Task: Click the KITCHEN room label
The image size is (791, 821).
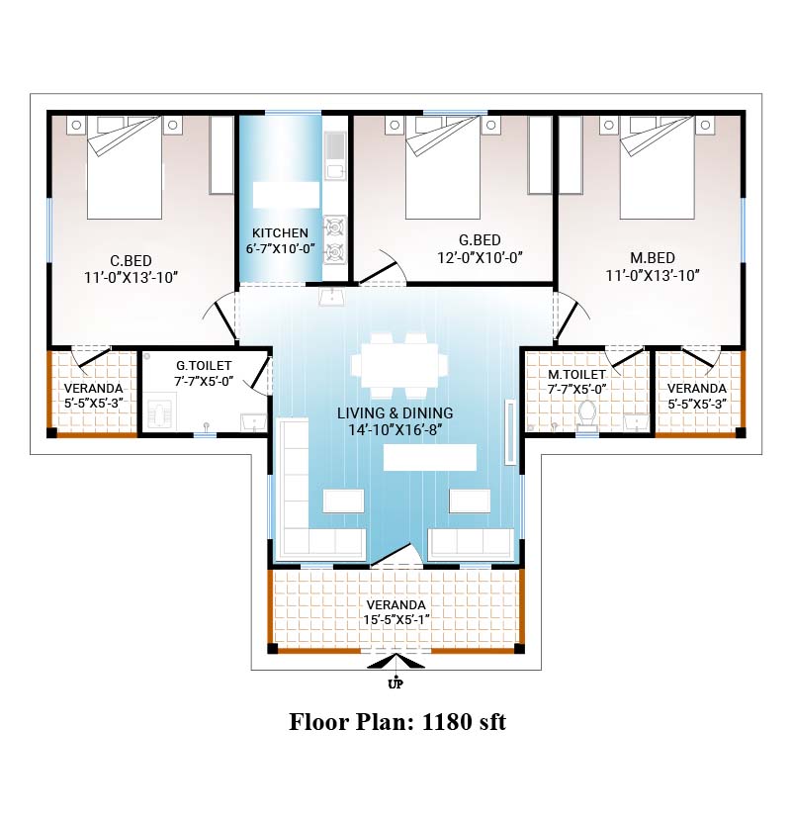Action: pyautogui.click(x=280, y=233)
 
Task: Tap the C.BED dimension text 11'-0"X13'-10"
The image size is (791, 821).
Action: pyautogui.click(x=132, y=278)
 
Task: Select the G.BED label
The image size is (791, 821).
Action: pyautogui.click(x=480, y=240)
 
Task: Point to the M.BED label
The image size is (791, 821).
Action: pyautogui.click(x=653, y=258)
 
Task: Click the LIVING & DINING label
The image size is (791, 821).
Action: pyautogui.click(x=395, y=413)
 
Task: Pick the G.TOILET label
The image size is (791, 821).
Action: pyautogui.click(x=204, y=365)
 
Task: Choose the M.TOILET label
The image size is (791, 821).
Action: pyautogui.click(x=576, y=374)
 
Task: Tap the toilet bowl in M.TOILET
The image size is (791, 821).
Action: pyautogui.click(x=587, y=414)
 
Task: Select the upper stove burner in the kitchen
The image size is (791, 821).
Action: pyautogui.click(x=334, y=228)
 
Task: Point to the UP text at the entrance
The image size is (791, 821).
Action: pyautogui.click(x=395, y=684)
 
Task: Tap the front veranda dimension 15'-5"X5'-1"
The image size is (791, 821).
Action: pyautogui.click(x=396, y=620)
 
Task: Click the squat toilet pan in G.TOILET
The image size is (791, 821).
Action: pyautogui.click(x=159, y=412)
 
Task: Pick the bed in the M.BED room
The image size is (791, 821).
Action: pyautogui.click(x=657, y=167)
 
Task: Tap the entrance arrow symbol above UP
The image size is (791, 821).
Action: pyautogui.click(x=395, y=662)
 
